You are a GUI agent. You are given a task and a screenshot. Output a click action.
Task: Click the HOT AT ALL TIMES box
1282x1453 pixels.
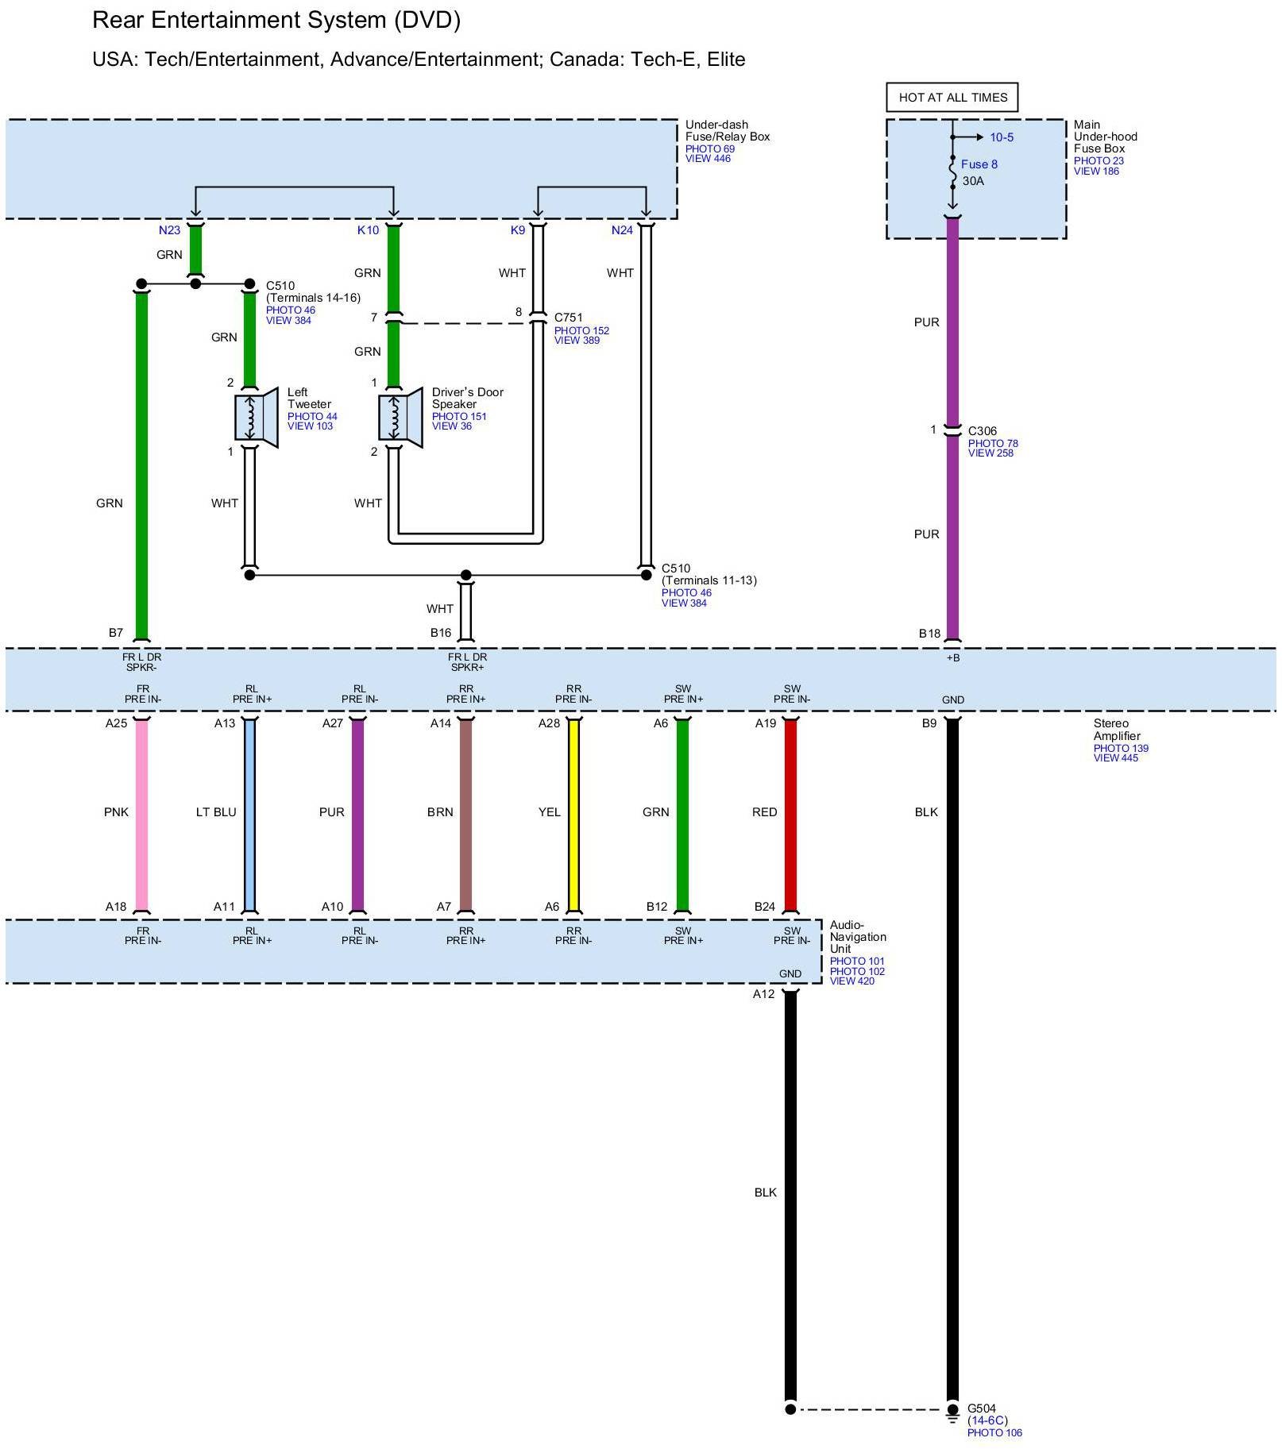pos(952,98)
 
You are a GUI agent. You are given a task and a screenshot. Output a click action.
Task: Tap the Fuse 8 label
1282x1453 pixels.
pos(979,164)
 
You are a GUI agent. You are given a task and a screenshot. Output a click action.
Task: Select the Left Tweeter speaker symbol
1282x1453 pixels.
pos(256,418)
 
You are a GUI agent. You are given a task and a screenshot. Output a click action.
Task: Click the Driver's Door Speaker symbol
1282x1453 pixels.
pos(400,418)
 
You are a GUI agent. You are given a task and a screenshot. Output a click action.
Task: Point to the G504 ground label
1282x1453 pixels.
pos(981,1409)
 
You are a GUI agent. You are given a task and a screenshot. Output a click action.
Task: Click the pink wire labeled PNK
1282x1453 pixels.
pos(141,815)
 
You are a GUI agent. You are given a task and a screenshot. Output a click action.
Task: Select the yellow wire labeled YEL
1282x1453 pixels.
pos(573,815)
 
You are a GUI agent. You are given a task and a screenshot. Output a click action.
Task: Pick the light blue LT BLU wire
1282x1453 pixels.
pos(249,815)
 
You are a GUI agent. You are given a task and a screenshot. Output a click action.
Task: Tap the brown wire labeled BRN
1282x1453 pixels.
pos(465,815)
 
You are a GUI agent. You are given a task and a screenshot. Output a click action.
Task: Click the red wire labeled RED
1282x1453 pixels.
pos(790,815)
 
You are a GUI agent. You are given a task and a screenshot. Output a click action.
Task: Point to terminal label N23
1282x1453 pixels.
pos(169,230)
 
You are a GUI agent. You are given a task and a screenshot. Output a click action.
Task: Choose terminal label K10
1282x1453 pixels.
pos(368,230)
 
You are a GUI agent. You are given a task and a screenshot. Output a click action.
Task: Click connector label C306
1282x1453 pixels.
pos(982,431)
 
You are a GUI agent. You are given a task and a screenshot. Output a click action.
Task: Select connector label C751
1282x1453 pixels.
pos(568,318)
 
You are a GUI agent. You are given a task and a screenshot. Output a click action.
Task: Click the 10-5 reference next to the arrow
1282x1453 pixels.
pos(1001,137)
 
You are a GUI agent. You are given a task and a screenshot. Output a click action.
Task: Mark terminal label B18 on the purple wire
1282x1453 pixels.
pos(929,634)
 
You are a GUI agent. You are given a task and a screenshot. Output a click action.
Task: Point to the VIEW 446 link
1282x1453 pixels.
pos(708,159)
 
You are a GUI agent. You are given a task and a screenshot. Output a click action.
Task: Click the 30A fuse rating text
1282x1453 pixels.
pos(973,181)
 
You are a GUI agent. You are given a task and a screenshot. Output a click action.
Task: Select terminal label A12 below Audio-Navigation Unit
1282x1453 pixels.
pos(763,994)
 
